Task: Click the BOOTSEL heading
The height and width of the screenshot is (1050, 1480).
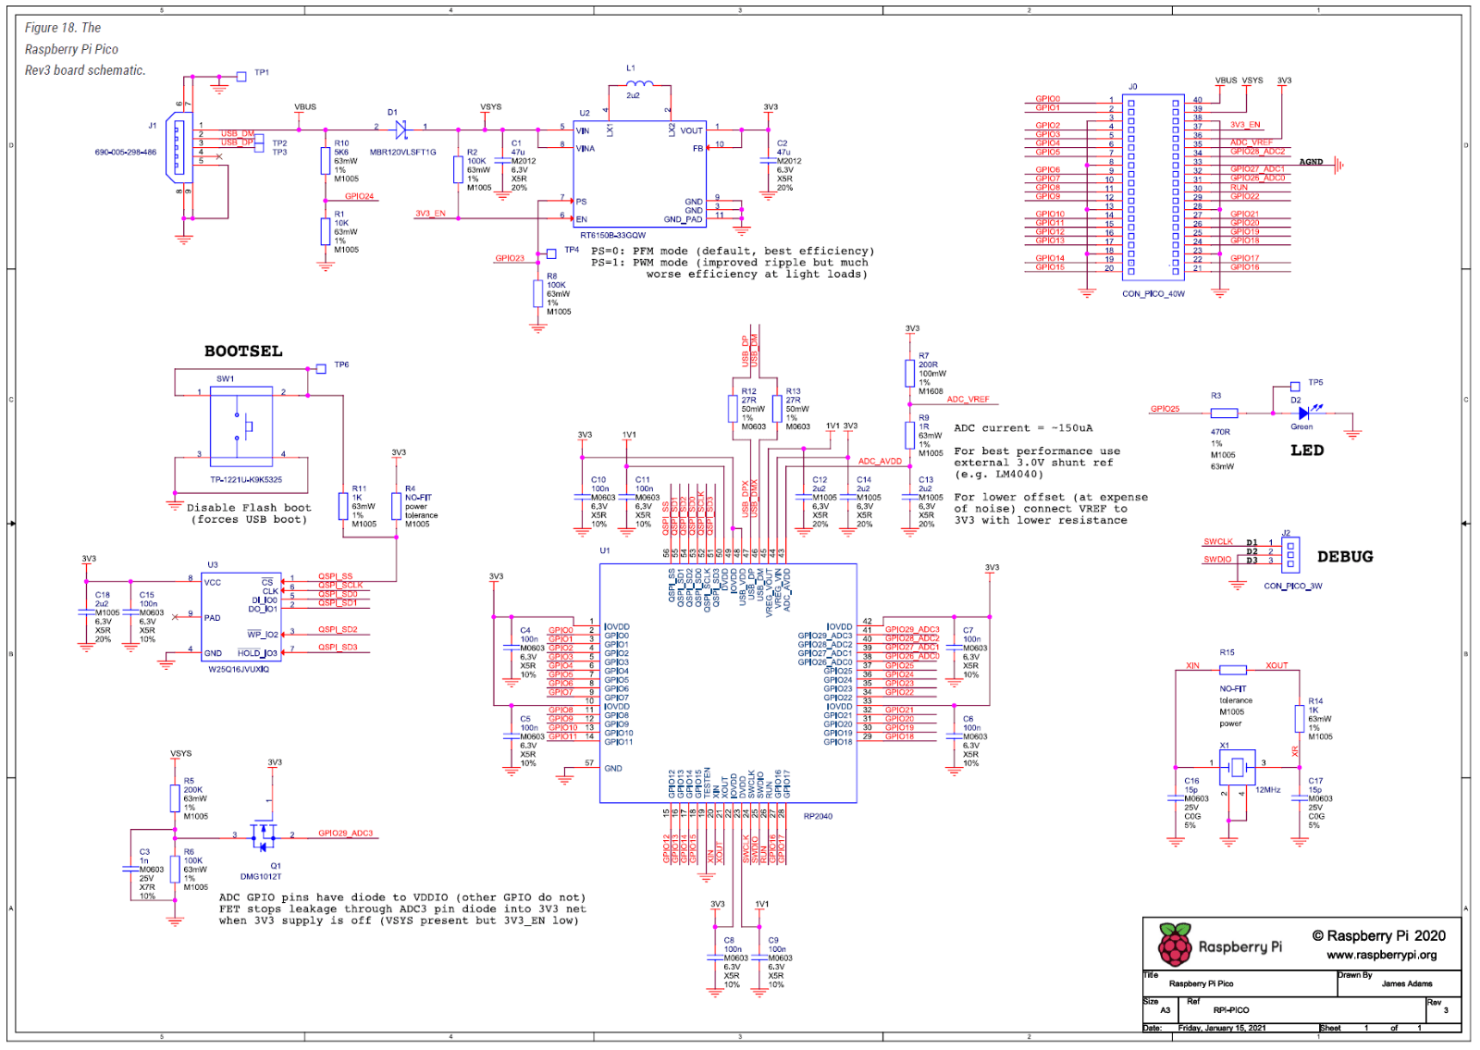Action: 243,352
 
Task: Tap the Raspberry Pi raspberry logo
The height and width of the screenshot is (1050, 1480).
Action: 1175,945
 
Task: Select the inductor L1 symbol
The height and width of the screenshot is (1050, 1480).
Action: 639,84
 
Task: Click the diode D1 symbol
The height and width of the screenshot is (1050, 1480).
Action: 401,130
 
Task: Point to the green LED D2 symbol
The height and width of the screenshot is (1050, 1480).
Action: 1303,413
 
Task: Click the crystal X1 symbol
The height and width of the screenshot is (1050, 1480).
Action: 1237,766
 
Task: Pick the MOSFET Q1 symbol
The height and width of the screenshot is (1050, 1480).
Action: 264,836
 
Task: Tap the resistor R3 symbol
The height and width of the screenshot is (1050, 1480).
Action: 1224,413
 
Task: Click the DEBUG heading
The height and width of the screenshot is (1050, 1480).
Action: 1345,557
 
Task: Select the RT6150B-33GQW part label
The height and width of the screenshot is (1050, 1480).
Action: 612,235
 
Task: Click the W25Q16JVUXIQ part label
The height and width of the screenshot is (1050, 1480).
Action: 239,669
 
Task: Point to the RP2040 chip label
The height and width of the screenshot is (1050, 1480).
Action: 818,816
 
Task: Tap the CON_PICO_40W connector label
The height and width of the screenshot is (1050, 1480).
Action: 1153,294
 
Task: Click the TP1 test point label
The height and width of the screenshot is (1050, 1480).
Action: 262,72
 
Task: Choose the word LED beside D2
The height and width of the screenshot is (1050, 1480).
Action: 1307,451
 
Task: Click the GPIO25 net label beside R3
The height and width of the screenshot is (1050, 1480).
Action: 1165,409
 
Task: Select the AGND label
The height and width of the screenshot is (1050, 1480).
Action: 1311,162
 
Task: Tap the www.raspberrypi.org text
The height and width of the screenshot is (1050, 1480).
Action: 1381,955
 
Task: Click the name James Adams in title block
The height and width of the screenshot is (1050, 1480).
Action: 1406,983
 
